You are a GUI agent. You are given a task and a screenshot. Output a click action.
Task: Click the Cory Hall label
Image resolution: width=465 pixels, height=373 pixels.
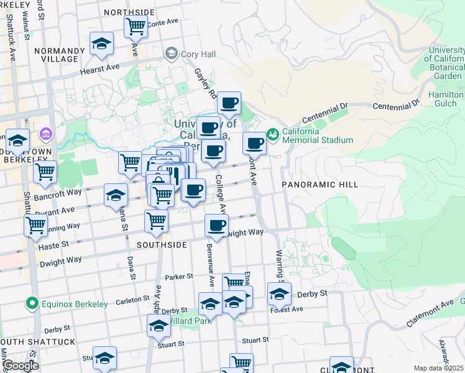click(x=198, y=54)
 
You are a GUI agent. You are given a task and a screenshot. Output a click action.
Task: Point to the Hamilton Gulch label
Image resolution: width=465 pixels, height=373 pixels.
click(x=446, y=98)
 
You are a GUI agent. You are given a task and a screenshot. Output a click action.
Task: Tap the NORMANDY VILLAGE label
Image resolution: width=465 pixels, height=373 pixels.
click(x=60, y=55)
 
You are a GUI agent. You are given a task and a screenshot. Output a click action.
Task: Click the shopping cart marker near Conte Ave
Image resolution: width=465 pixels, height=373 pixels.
click(x=136, y=27)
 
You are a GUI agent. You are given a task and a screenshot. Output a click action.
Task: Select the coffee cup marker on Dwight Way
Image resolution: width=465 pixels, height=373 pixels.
click(x=216, y=226)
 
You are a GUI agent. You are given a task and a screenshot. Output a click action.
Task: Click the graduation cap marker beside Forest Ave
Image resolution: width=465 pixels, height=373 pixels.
click(x=279, y=293)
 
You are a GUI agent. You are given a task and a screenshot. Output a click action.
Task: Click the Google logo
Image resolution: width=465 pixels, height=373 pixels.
click(x=21, y=366)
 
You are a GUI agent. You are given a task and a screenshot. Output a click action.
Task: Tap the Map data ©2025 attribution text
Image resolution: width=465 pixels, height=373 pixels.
click(x=438, y=368)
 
